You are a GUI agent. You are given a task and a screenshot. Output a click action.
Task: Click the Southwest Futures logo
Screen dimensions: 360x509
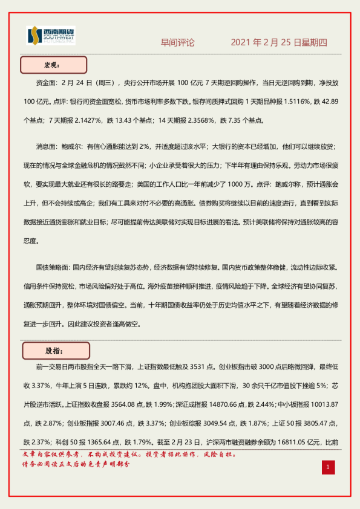tap(51, 36)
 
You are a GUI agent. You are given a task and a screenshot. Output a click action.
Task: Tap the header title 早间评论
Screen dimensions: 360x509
tap(177, 42)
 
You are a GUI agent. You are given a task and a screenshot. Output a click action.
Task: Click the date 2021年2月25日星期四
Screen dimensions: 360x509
tap(279, 42)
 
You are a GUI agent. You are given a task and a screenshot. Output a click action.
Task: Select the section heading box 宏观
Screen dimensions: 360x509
tap(54, 64)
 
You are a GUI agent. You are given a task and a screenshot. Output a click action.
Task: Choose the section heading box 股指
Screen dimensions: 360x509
tap(56, 350)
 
